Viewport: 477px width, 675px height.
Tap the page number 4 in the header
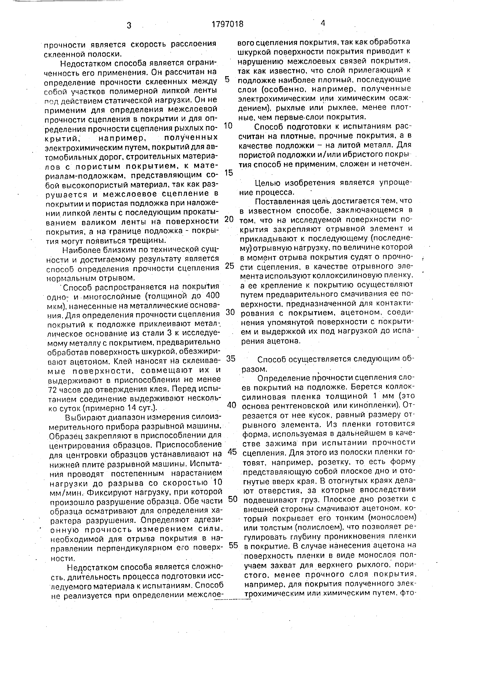[x=323, y=23]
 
